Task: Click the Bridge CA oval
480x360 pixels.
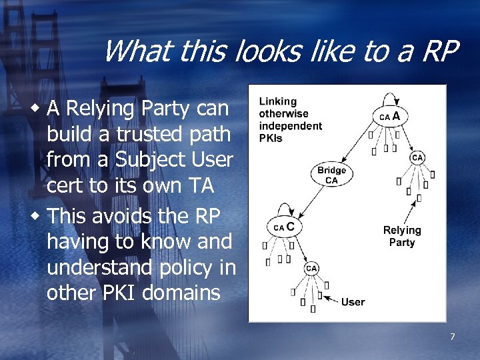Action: pos(331,175)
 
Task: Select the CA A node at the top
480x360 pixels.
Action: pos(389,116)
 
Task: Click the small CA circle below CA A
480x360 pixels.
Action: pos(417,157)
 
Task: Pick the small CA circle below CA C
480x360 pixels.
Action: pos(311,268)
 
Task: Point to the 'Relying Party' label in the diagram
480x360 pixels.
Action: pos(402,236)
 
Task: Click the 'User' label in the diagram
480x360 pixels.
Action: pos(353,302)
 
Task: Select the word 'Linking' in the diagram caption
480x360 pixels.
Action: pos(277,101)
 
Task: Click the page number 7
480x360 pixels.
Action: pos(452,337)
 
